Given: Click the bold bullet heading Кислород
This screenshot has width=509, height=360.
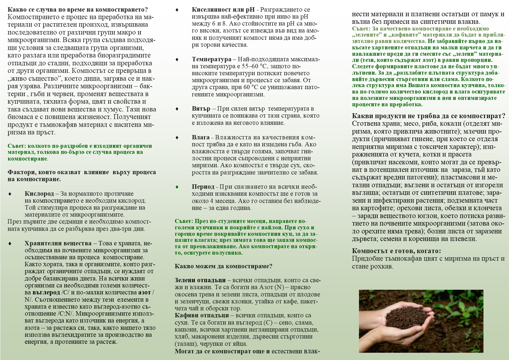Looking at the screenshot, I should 39,194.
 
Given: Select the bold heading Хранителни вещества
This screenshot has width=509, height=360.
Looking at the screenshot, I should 58,243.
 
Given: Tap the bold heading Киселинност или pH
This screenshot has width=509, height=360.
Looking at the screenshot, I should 223,10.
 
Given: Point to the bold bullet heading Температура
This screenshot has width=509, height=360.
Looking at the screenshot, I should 212,59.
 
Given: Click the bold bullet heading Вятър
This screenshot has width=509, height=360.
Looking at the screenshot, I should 201,109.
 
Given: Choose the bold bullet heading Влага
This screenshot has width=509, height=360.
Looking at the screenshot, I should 201,137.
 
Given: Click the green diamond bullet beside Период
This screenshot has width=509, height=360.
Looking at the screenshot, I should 177,187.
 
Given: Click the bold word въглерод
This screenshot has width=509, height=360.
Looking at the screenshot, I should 46,292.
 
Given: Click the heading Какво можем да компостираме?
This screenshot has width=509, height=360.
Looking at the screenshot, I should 223,266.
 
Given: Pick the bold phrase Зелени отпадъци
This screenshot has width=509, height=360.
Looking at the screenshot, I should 200,280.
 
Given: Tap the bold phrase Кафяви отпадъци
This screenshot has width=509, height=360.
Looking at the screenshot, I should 202,315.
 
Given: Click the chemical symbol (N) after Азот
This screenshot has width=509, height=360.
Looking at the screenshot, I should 279,287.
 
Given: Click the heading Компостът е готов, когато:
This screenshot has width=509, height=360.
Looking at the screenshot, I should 396,251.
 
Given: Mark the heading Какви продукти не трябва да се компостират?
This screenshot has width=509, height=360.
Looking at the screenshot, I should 428,116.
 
